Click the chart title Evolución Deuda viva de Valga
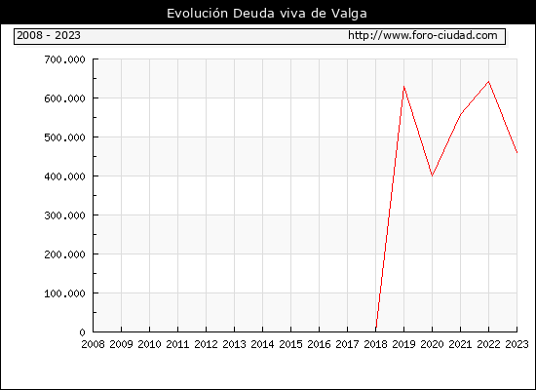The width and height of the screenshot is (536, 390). click(267, 14)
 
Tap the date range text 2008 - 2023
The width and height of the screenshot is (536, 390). click(49, 35)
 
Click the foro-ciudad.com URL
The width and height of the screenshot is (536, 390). click(423, 35)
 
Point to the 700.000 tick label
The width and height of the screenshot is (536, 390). click(64, 59)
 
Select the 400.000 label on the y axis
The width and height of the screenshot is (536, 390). click(64, 176)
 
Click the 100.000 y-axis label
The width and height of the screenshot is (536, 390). click(64, 293)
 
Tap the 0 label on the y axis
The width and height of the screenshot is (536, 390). click(82, 332)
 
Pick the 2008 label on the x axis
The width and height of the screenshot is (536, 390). click(93, 344)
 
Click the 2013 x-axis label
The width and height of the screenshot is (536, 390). click(234, 344)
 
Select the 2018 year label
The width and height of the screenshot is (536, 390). click(375, 344)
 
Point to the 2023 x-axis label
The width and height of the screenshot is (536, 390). click(517, 344)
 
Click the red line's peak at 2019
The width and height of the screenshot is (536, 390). click(403, 86)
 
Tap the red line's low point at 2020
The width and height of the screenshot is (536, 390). click(432, 175)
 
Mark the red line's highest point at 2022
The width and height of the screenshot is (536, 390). click(489, 82)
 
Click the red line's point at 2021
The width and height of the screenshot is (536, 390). click(460, 114)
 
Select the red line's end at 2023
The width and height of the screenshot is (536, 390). click(517, 152)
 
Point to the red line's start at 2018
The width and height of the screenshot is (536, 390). click(376, 329)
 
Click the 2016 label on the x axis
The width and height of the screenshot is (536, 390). click(319, 344)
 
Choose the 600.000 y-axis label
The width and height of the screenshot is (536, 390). click(64, 98)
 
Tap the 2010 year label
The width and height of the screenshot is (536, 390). click(149, 344)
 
